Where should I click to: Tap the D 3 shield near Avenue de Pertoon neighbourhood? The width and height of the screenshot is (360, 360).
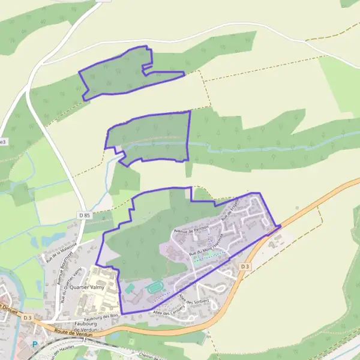click(244, 266)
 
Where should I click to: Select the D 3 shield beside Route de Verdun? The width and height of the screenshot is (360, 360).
click(26, 317)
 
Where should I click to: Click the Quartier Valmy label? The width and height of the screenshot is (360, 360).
click(87, 287)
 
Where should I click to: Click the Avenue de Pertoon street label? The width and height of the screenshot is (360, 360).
click(191, 229)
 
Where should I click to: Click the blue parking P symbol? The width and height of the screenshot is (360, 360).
click(34, 344)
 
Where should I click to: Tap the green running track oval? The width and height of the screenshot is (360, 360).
click(155, 288)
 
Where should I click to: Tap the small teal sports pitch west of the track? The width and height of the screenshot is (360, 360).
click(130, 289)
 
